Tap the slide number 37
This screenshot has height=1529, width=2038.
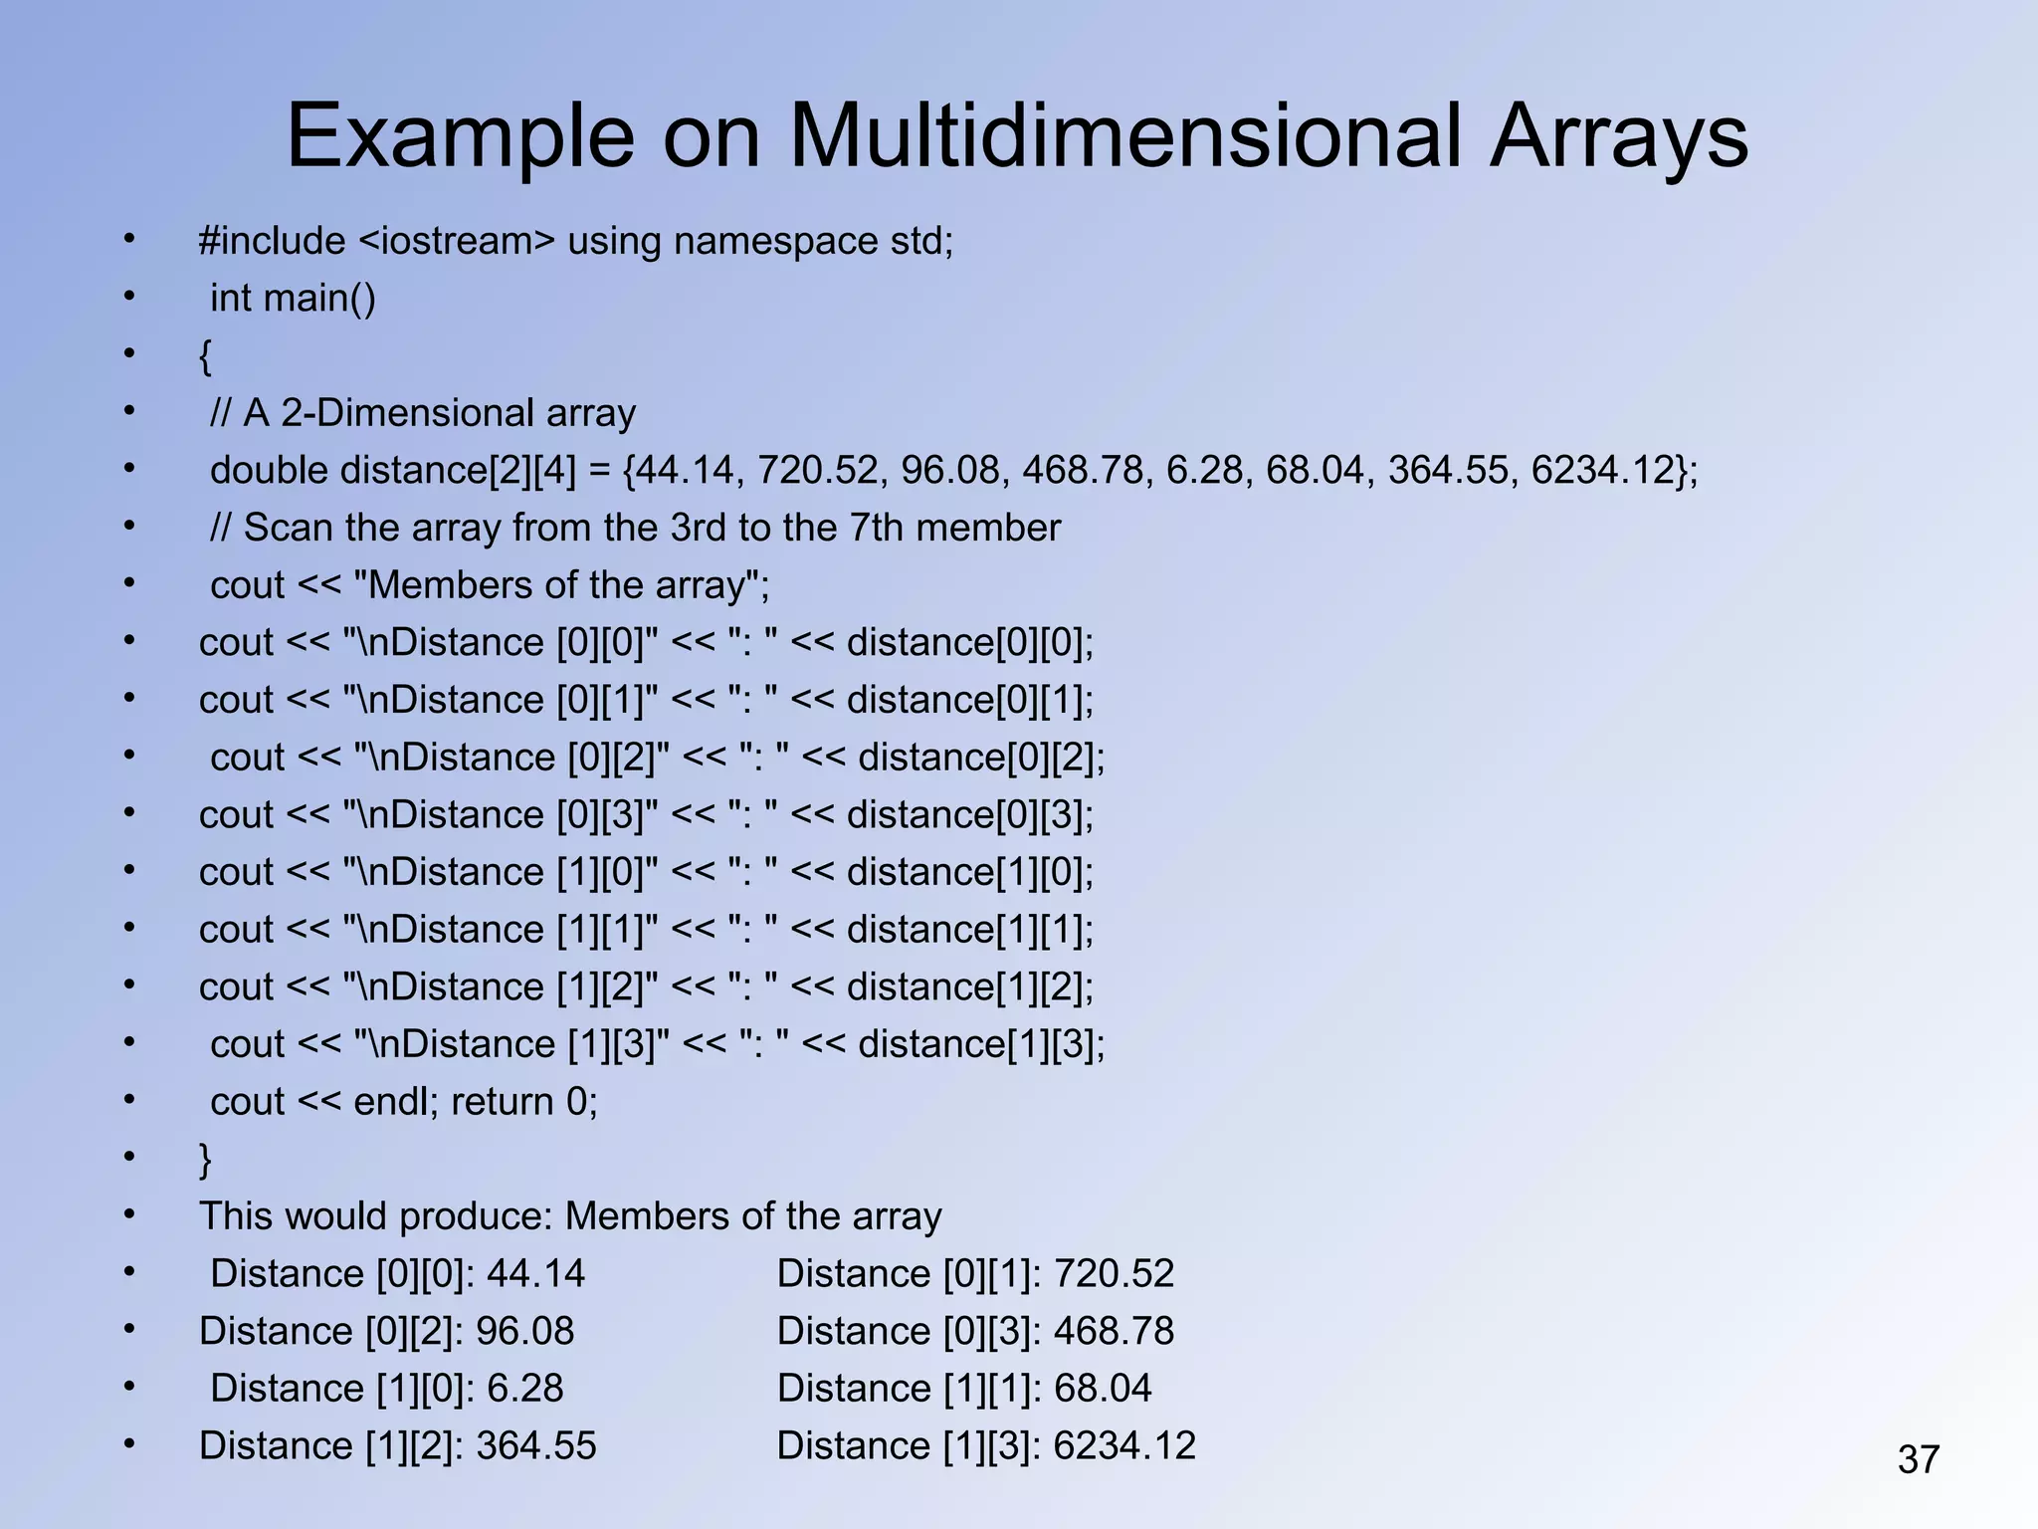click(1918, 1460)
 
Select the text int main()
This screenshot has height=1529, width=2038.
click(293, 299)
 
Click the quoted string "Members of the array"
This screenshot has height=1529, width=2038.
click(557, 585)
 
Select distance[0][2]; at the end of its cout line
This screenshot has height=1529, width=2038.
click(981, 758)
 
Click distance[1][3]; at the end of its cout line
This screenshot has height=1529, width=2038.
click(981, 1044)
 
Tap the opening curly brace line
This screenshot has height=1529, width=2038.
click(206, 356)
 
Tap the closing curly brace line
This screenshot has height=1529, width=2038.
click(206, 1160)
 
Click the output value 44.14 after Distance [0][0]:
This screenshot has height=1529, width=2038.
click(535, 1274)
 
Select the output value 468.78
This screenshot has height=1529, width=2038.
click(1114, 1332)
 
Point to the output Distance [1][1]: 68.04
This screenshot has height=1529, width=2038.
click(963, 1389)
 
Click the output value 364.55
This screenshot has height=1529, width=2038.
click(535, 1446)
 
